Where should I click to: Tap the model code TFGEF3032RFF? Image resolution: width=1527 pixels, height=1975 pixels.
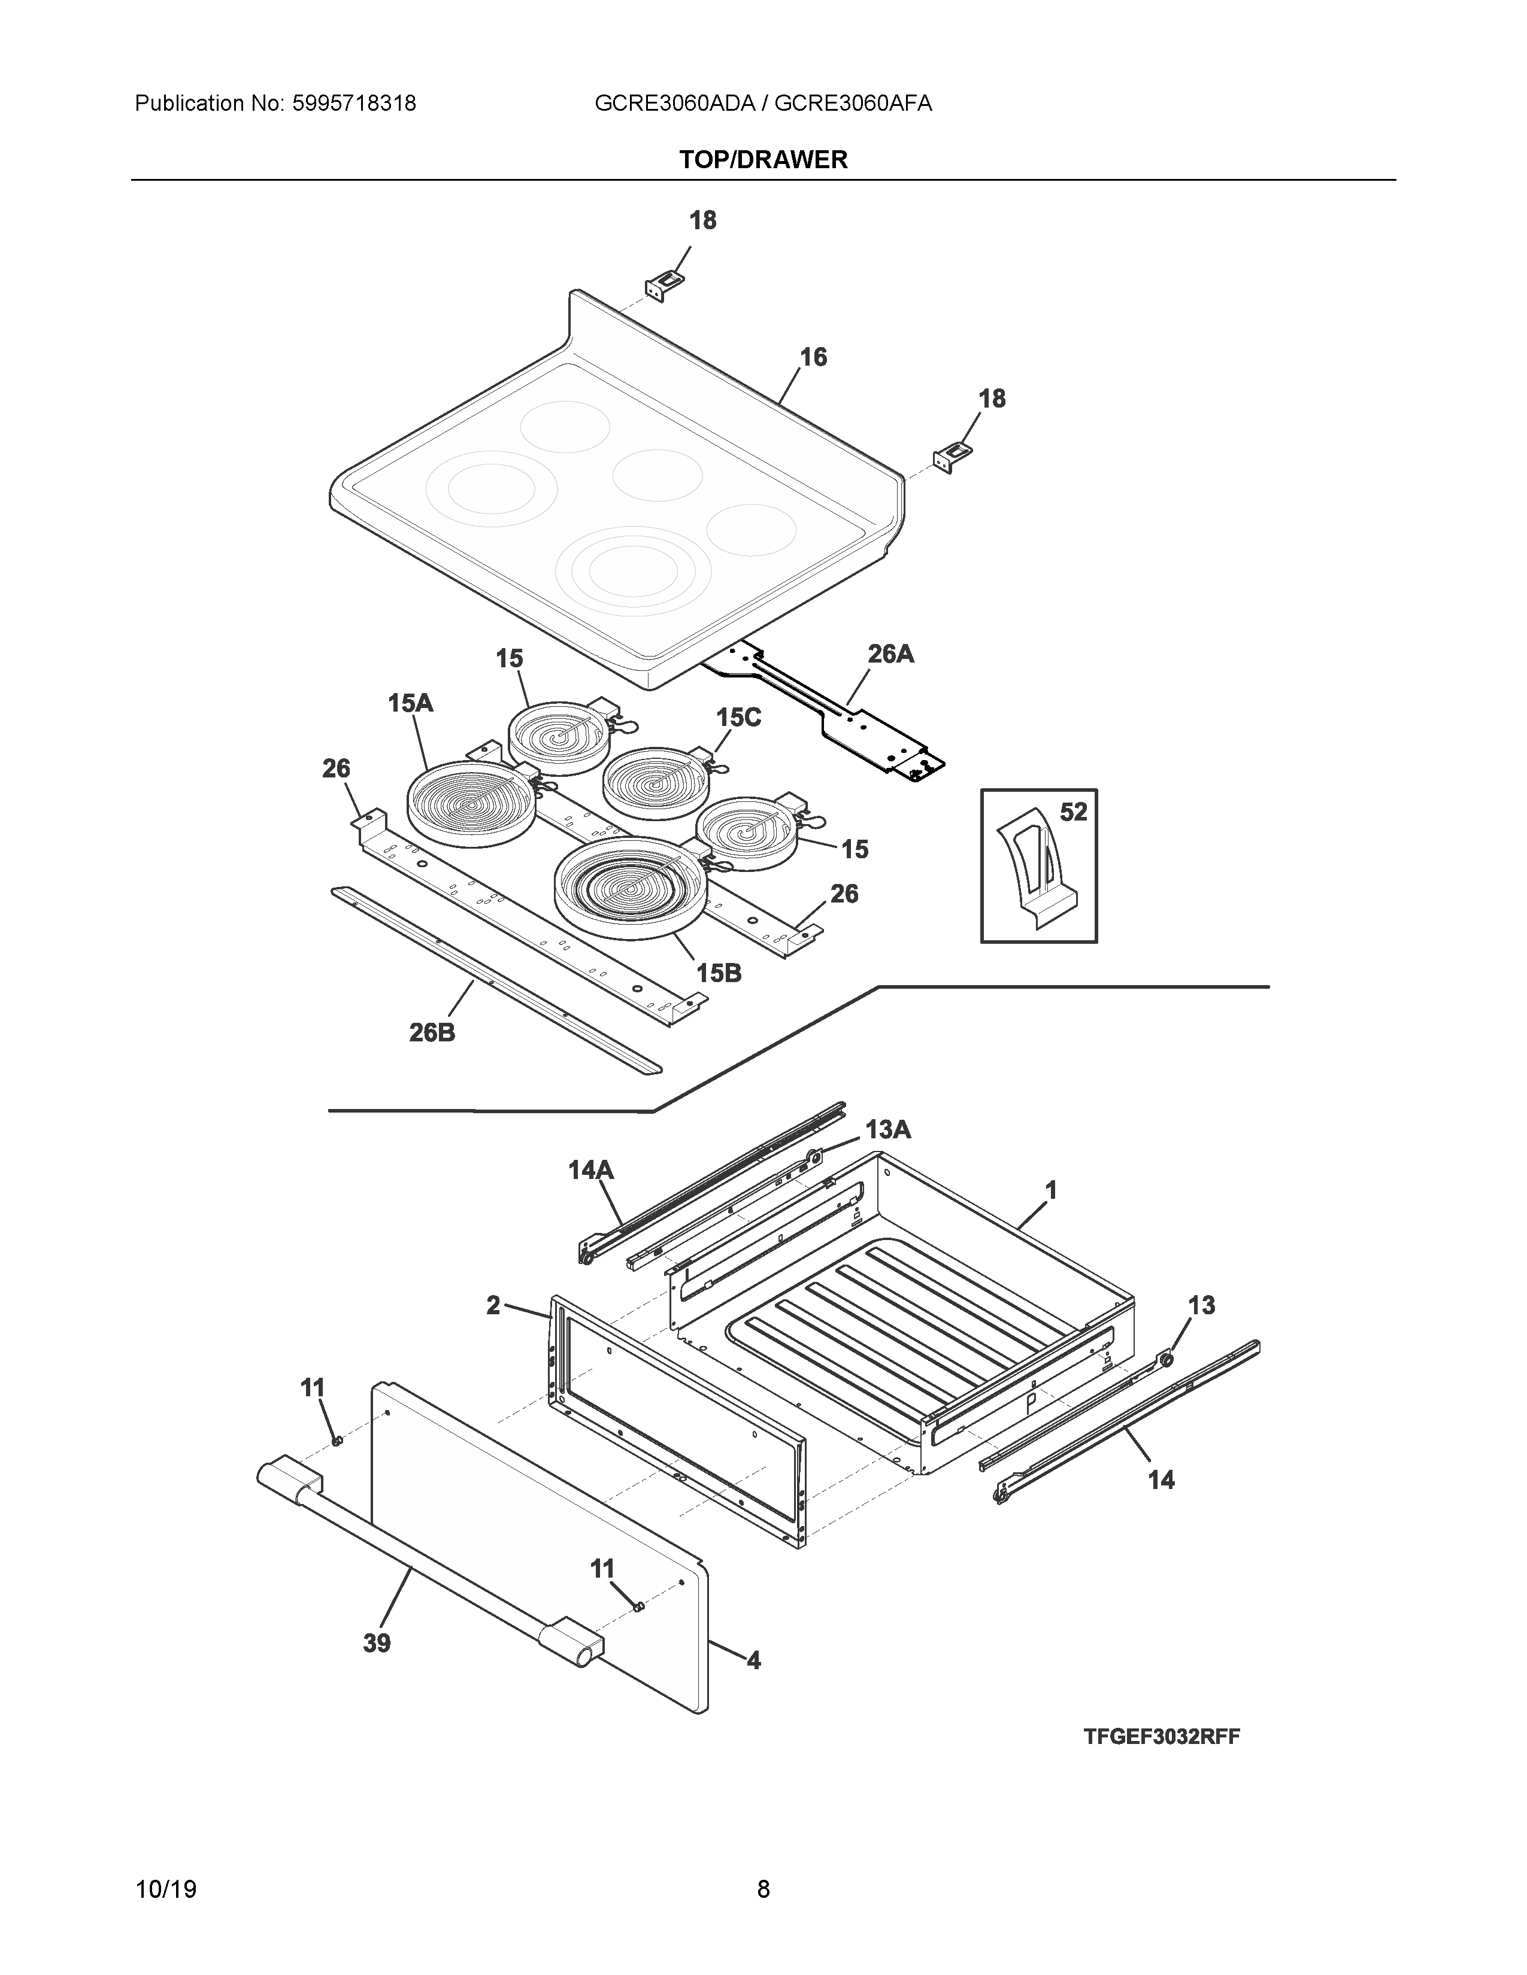tap(1162, 1736)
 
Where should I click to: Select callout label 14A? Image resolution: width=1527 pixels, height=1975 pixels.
tap(590, 1171)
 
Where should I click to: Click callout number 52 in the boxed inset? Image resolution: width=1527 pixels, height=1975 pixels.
tap(1073, 812)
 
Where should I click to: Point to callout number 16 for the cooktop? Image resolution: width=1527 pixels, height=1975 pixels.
tap(813, 357)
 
